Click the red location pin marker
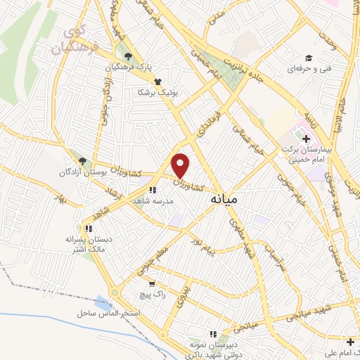(181, 165)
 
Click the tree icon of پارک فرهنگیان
(127, 57)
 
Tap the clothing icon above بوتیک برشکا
(156, 82)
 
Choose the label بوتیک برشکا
(152, 93)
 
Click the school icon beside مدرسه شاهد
(153, 189)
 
